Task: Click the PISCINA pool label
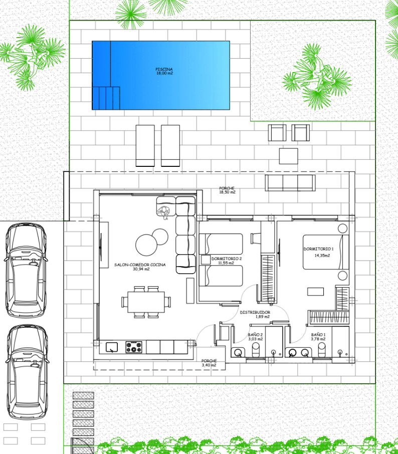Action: click(164, 69)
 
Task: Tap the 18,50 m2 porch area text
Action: click(227, 192)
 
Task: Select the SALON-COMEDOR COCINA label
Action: click(140, 265)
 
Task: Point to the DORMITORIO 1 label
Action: click(319, 249)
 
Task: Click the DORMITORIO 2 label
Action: click(227, 259)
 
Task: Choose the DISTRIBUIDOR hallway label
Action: click(255, 312)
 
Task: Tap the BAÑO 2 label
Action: click(255, 335)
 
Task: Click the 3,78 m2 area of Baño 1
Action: click(318, 339)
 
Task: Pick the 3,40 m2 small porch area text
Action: click(209, 365)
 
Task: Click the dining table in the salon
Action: click(146, 302)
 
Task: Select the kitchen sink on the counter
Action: click(112, 347)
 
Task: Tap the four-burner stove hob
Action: click(134, 347)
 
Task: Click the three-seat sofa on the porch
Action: click(290, 183)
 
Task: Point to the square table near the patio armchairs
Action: click(289, 156)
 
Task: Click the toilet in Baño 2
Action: click(256, 350)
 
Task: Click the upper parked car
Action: click(26, 270)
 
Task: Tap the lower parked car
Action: click(27, 372)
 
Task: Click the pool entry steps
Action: click(106, 98)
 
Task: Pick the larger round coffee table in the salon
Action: click(146, 245)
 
